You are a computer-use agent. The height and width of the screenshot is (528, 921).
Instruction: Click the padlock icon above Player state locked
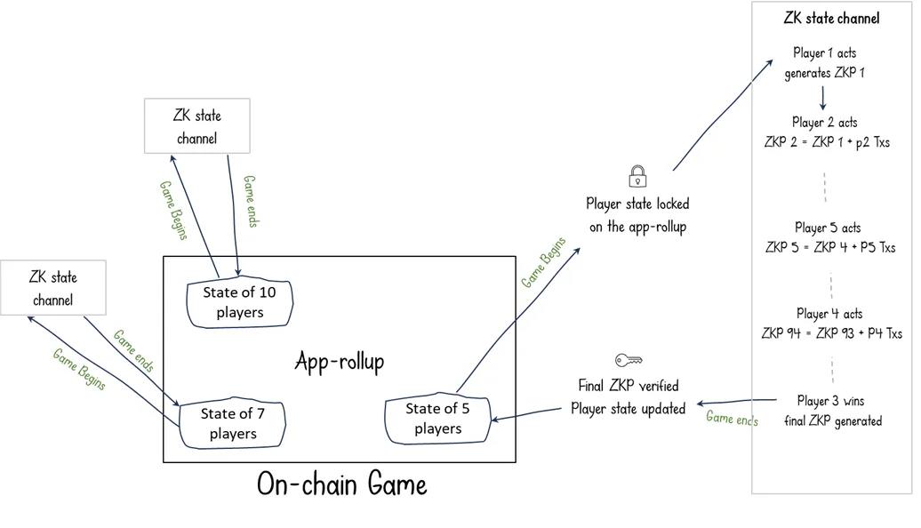(x=637, y=176)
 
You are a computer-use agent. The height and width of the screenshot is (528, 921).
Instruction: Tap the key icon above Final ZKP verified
(x=629, y=360)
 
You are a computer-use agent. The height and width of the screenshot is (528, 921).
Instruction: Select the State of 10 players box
(x=239, y=302)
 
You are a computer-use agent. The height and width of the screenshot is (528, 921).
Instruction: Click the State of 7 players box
(x=233, y=423)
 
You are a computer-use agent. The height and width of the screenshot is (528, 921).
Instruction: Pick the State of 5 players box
(x=437, y=419)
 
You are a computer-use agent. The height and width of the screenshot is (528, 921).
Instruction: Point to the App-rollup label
(x=340, y=362)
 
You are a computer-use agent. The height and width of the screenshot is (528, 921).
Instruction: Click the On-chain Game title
(x=341, y=484)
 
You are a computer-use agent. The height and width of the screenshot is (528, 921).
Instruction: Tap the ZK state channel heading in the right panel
(x=831, y=18)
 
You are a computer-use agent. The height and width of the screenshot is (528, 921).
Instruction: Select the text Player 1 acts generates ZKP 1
(x=823, y=63)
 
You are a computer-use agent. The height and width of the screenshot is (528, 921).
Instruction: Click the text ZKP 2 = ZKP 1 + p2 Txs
(x=827, y=141)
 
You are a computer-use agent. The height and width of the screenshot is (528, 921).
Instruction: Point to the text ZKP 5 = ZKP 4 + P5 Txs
(x=830, y=247)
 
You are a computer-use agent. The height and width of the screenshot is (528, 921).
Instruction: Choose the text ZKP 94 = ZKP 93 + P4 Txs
(x=831, y=333)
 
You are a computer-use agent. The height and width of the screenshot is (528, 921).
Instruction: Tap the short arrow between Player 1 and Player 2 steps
(x=823, y=97)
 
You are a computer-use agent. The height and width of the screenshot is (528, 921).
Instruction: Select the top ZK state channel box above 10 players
(x=197, y=126)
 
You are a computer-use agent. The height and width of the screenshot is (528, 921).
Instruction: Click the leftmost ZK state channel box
(x=53, y=289)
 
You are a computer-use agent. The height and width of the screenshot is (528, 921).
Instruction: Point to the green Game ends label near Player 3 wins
(x=732, y=418)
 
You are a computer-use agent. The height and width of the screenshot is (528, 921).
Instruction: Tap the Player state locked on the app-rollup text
(x=637, y=215)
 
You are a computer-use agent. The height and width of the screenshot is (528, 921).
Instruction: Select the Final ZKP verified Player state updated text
(x=628, y=397)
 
